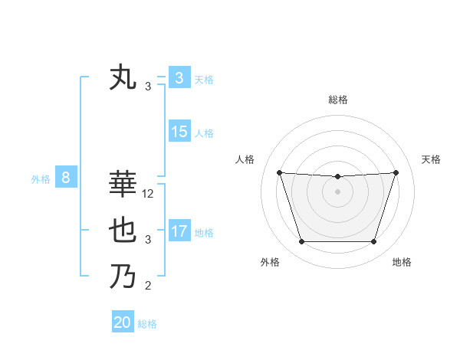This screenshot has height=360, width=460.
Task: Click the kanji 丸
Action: click(123, 77)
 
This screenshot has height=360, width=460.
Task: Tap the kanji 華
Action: click(123, 184)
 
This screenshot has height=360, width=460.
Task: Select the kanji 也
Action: click(123, 231)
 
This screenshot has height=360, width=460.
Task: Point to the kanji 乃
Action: click(123, 276)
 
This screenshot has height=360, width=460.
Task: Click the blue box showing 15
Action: click(179, 132)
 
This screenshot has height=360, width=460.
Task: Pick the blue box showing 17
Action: click(179, 231)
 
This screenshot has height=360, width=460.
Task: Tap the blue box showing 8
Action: click(66, 178)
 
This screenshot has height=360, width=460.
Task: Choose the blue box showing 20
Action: click(123, 322)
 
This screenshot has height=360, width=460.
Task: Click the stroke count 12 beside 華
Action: click(148, 195)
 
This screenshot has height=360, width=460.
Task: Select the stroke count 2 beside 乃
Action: click(148, 286)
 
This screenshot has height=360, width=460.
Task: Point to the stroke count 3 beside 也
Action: click(148, 241)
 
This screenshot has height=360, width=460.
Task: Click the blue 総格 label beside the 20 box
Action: click(147, 324)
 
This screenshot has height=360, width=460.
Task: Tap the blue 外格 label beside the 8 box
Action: click(41, 180)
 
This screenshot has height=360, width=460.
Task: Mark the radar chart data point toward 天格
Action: click(396, 172)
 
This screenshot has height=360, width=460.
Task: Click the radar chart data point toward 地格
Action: click(373, 242)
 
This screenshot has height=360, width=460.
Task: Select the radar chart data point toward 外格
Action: click(301, 242)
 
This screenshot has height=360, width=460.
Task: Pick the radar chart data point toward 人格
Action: click(279, 172)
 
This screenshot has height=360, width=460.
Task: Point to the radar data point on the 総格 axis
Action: click(337, 176)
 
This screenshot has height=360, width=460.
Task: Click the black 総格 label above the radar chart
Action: click(337, 100)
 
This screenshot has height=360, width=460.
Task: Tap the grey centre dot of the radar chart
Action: click(337, 191)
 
